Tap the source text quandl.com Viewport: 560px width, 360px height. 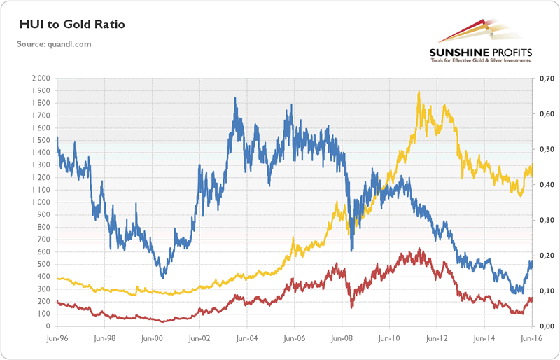tap(55, 44)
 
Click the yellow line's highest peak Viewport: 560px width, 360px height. tap(419, 92)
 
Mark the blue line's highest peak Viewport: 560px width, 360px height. tap(234, 98)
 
